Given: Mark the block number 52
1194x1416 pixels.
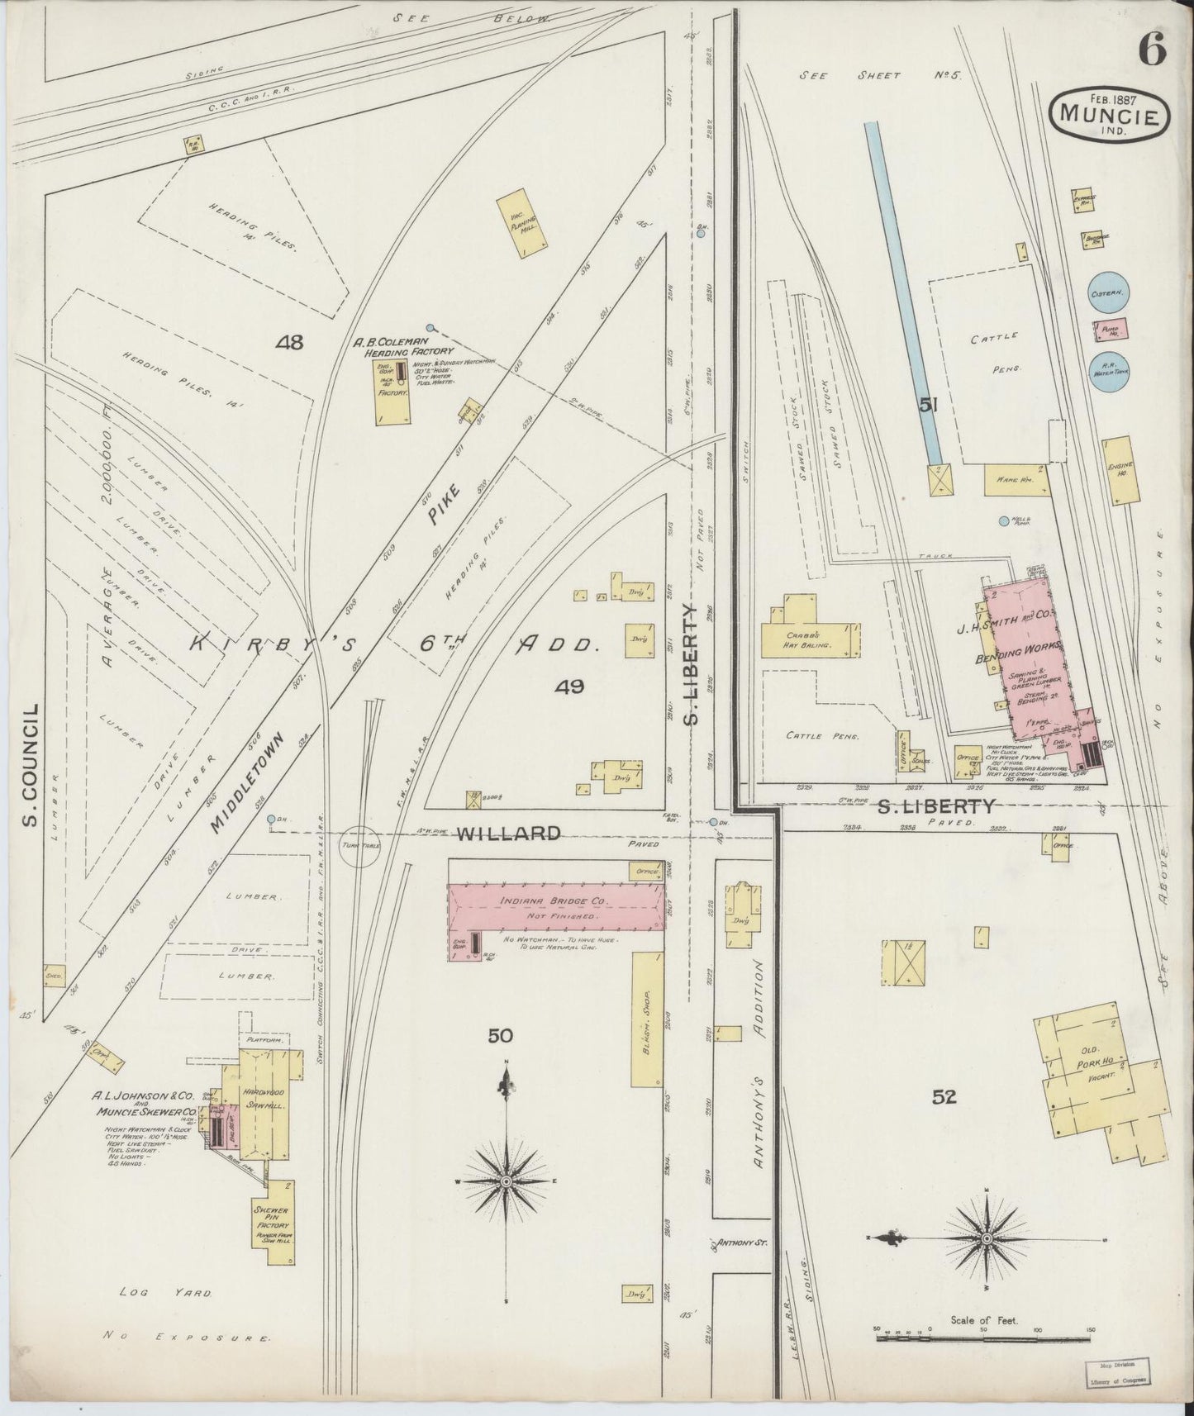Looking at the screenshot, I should coord(944,1097).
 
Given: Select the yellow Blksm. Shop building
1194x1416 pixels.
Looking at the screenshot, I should coord(647,1018).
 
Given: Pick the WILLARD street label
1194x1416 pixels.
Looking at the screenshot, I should coord(508,833).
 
